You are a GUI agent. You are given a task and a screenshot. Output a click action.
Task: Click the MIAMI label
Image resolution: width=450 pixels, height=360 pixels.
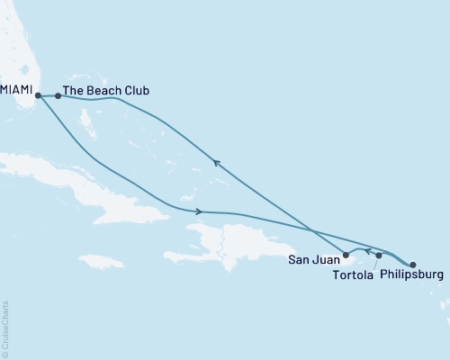click(x=18, y=91)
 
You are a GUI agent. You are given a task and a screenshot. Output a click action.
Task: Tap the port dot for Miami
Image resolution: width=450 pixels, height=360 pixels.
click(x=38, y=94)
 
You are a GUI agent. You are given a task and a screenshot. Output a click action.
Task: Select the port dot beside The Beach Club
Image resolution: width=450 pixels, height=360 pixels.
click(x=58, y=94)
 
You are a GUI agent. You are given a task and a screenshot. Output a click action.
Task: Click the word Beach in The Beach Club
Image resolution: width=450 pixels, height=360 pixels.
click(x=106, y=91)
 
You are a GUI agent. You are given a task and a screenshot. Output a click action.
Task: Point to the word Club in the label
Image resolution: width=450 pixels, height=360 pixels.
click(x=137, y=91)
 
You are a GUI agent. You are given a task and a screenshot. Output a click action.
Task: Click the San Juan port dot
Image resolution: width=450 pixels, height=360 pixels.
click(x=346, y=255)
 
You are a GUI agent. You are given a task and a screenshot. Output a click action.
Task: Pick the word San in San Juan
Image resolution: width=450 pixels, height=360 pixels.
click(x=299, y=261)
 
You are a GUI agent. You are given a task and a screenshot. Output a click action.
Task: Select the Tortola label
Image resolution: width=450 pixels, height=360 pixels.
click(x=356, y=274)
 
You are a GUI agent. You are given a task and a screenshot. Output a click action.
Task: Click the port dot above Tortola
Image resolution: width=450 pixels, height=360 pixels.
click(x=379, y=256)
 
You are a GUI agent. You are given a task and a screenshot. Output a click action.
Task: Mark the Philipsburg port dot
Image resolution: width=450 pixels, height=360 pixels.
click(x=413, y=265)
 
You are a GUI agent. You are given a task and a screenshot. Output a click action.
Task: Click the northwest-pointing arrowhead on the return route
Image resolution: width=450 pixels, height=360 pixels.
click(x=215, y=162)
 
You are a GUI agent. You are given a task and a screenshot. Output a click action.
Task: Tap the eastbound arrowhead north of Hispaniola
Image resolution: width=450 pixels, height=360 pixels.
click(x=198, y=211)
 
